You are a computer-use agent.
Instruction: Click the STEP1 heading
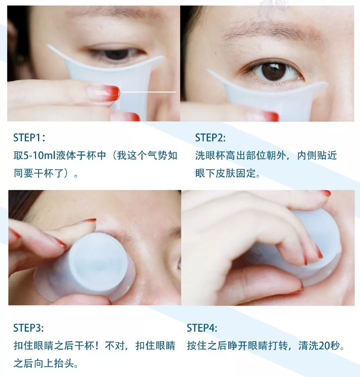pyautogui.click(x=29, y=138)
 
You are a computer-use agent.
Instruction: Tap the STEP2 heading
pyautogui.click(x=210, y=138)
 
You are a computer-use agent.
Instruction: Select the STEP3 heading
pyautogui.click(x=29, y=328)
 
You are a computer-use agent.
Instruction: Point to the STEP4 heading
pyautogui.click(x=202, y=328)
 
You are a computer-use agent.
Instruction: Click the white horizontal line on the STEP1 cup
pyautogui.click(x=149, y=92)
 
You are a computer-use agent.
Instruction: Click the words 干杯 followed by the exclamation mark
pyautogui.click(x=88, y=346)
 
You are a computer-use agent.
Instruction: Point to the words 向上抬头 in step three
pyautogui.click(x=54, y=363)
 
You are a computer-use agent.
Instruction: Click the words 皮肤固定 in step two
pyautogui.click(x=236, y=173)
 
